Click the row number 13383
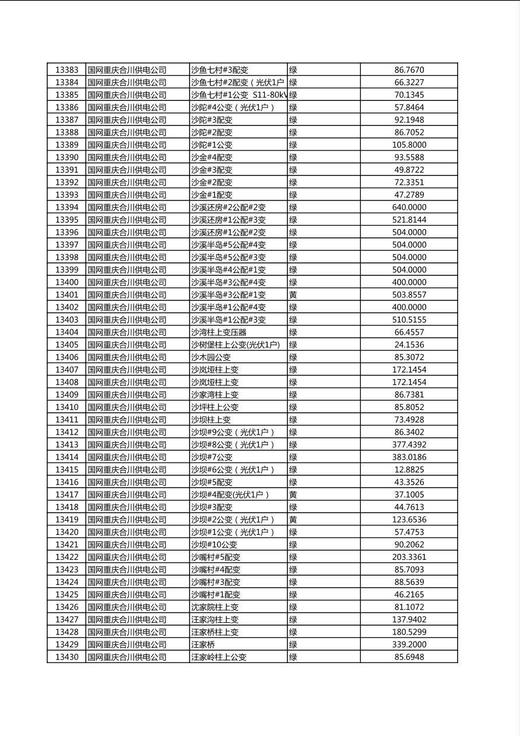(x=66, y=70)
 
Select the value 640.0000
(x=409, y=207)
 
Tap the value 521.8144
(x=409, y=220)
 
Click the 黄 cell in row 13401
(x=293, y=295)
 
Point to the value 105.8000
(x=409, y=145)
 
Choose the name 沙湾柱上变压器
(x=219, y=332)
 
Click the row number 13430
(x=66, y=657)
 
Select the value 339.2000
(x=409, y=644)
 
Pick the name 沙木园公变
(x=211, y=357)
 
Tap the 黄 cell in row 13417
(x=293, y=495)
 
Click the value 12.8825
(x=409, y=469)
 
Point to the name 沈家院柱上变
(x=215, y=607)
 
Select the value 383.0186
(x=409, y=457)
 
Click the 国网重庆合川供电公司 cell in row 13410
(x=127, y=407)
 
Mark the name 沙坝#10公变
(x=214, y=545)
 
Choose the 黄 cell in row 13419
(x=293, y=520)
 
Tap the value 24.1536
(x=409, y=345)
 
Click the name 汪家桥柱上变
(x=215, y=632)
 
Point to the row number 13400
(x=66, y=282)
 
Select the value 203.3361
(x=409, y=557)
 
